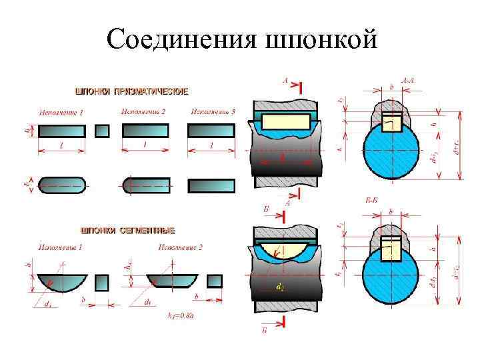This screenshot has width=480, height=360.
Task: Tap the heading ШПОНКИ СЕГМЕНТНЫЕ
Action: coord(128,231)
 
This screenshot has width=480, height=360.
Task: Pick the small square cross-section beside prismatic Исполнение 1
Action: coord(102,131)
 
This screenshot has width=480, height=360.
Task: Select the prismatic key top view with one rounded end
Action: coord(145,184)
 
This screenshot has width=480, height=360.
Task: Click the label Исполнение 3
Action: coord(213,111)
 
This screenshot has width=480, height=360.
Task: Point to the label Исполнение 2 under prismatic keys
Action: coord(143,111)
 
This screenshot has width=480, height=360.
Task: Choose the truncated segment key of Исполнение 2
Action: coord(171,278)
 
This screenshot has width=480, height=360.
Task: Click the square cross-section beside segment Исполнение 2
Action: coord(214,281)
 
